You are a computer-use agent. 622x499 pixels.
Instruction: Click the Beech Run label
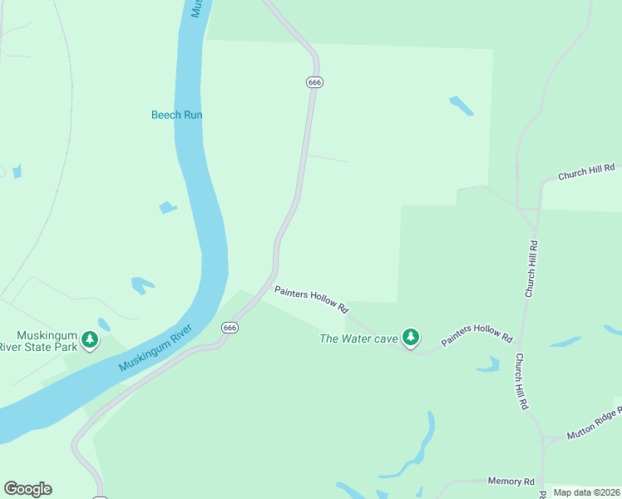click(177, 115)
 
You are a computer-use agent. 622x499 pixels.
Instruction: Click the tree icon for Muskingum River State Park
click(90, 339)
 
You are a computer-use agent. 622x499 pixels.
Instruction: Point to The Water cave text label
click(359, 338)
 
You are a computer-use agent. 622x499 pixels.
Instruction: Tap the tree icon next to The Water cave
click(410, 337)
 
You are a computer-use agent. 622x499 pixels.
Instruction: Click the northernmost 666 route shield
click(314, 82)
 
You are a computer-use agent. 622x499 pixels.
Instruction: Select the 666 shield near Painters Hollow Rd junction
click(230, 328)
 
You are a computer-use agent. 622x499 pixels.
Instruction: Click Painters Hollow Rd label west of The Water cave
click(311, 299)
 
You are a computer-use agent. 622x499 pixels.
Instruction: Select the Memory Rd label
click(511, 482)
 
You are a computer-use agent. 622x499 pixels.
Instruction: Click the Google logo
click(27, 489)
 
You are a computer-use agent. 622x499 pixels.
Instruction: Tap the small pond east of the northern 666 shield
click(462, 106)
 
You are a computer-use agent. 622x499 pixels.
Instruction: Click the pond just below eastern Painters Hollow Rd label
click(488, 364)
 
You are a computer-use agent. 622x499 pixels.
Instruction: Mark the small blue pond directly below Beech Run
click(169, 207)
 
